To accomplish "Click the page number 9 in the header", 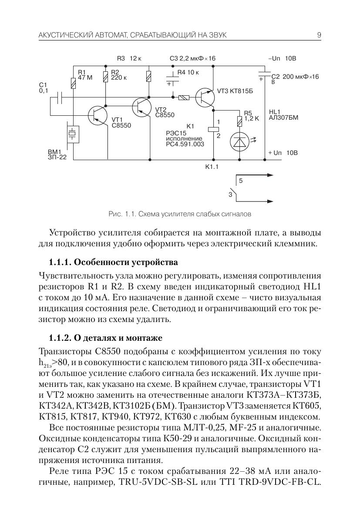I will pyautogui.click(x=319, y=35).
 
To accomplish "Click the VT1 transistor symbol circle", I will pyautogui.click(x=97, y=115).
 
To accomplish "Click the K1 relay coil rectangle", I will pyautogui.click(x=213, y=129).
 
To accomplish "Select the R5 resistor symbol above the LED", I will pyautogui.click(x=239, y=120).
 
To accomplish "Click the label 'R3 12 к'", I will pyautogui.click(x=130, y=58).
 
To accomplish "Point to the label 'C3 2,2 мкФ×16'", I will pyautogui.click(x=192, y=58).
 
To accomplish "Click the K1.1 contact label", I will pyautogui.click(x=212, y=167).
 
